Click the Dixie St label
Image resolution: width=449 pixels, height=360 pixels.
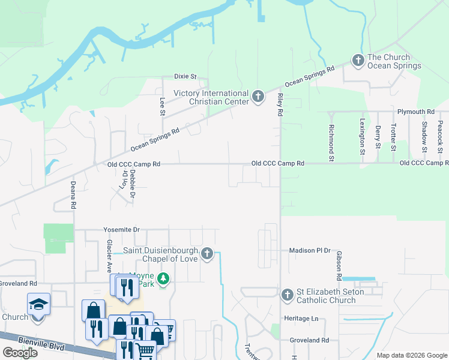coord(185,76)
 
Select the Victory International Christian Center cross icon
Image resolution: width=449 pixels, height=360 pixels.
coord(258,97)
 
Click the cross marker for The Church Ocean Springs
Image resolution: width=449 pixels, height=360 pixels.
coord(358,61)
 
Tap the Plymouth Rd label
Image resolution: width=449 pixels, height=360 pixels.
coord(415,112)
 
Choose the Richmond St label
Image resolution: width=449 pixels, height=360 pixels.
coord(331,143)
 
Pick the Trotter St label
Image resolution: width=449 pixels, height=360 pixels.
coord(393,137)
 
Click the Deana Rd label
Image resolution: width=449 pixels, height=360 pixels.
coord(73,195)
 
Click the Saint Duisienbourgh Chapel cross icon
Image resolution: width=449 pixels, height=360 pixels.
coord(206,254)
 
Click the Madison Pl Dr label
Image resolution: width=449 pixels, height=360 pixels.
coord(310,250)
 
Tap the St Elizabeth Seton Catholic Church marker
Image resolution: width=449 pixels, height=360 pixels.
coord(288,295)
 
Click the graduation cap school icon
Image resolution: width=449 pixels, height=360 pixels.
coord(38,304)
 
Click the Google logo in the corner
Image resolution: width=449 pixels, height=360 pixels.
coord(20,352)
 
